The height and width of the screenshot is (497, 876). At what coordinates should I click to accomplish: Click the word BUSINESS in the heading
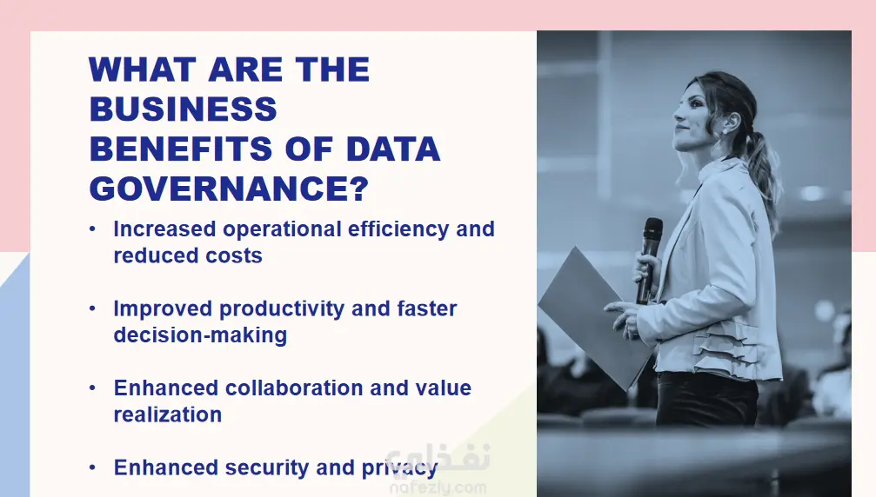click(184, 109)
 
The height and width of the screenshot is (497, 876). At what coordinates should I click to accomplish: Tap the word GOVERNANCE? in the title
click(229, 189)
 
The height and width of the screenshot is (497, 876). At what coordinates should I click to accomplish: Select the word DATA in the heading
click(393, 149)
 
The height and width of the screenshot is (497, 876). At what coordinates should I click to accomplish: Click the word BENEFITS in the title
click(181, 149)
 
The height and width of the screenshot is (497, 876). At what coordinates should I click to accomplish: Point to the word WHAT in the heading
click(142, 70)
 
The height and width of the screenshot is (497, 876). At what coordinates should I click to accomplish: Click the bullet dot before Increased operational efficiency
click(92, 229)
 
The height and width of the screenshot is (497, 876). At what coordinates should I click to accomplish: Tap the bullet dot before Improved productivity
click(92, 308)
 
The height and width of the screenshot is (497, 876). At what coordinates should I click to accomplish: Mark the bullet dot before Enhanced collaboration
click(92, 388)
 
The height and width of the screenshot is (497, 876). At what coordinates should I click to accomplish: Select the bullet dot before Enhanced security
click(92, 467)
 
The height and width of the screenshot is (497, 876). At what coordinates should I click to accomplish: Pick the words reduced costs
click(188, 255)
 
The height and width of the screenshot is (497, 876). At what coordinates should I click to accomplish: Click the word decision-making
click(200, 335)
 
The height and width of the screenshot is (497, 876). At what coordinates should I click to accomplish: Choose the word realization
click(168, 414)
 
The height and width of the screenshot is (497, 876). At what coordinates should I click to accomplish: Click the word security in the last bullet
click(267, 468)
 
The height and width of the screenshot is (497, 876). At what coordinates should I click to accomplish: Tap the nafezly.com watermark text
click(438, 488)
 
